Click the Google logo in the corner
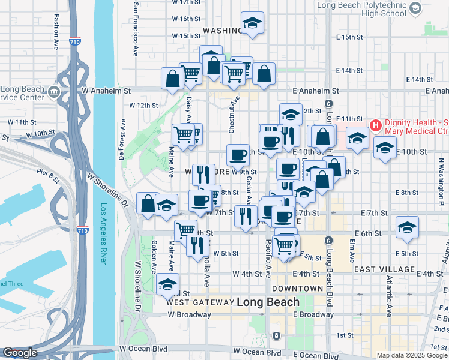(20, 353)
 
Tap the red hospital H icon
(376, 126)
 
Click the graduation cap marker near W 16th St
(252, 23)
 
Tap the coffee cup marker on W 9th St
(238, 155)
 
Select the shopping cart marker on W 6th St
(185, 229)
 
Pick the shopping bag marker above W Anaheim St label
(172, 78)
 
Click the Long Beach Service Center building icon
(54, 91)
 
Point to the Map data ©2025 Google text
(411, 355)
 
